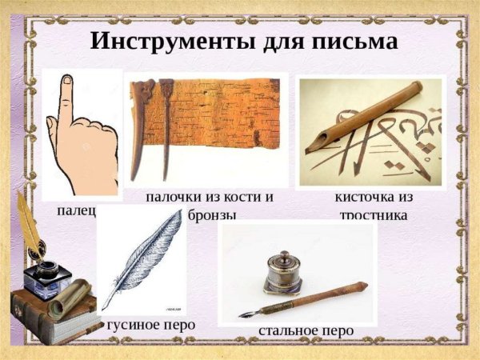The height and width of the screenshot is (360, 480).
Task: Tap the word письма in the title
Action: coord(352,40)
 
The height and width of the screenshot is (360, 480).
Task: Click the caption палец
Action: coord(76,210)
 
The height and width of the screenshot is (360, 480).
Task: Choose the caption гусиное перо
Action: coord(150,326)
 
